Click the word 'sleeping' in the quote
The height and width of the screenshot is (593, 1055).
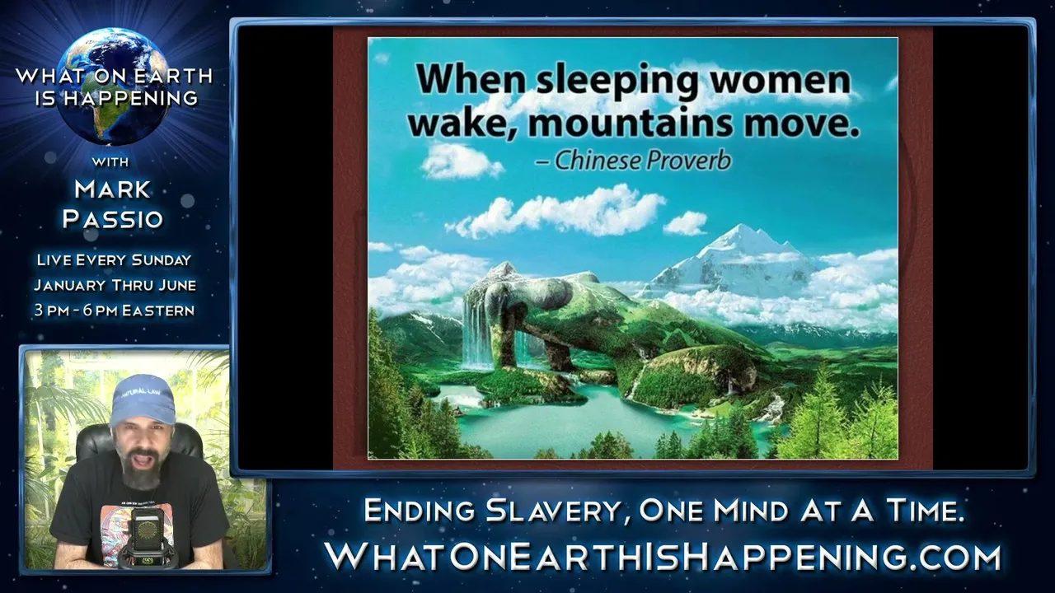(x=618, y=81)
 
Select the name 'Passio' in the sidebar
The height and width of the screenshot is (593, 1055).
(x=113, y=219)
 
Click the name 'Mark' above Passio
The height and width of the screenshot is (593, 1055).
(x=113, y=189)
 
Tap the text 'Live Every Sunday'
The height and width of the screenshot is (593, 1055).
(x=114, y=259)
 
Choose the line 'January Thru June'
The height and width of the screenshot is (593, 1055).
(x=115, y=285)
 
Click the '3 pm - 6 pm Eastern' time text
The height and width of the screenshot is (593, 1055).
(x=115, y=311)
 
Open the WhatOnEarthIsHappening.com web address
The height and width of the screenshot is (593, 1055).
(x=663, y=557)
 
